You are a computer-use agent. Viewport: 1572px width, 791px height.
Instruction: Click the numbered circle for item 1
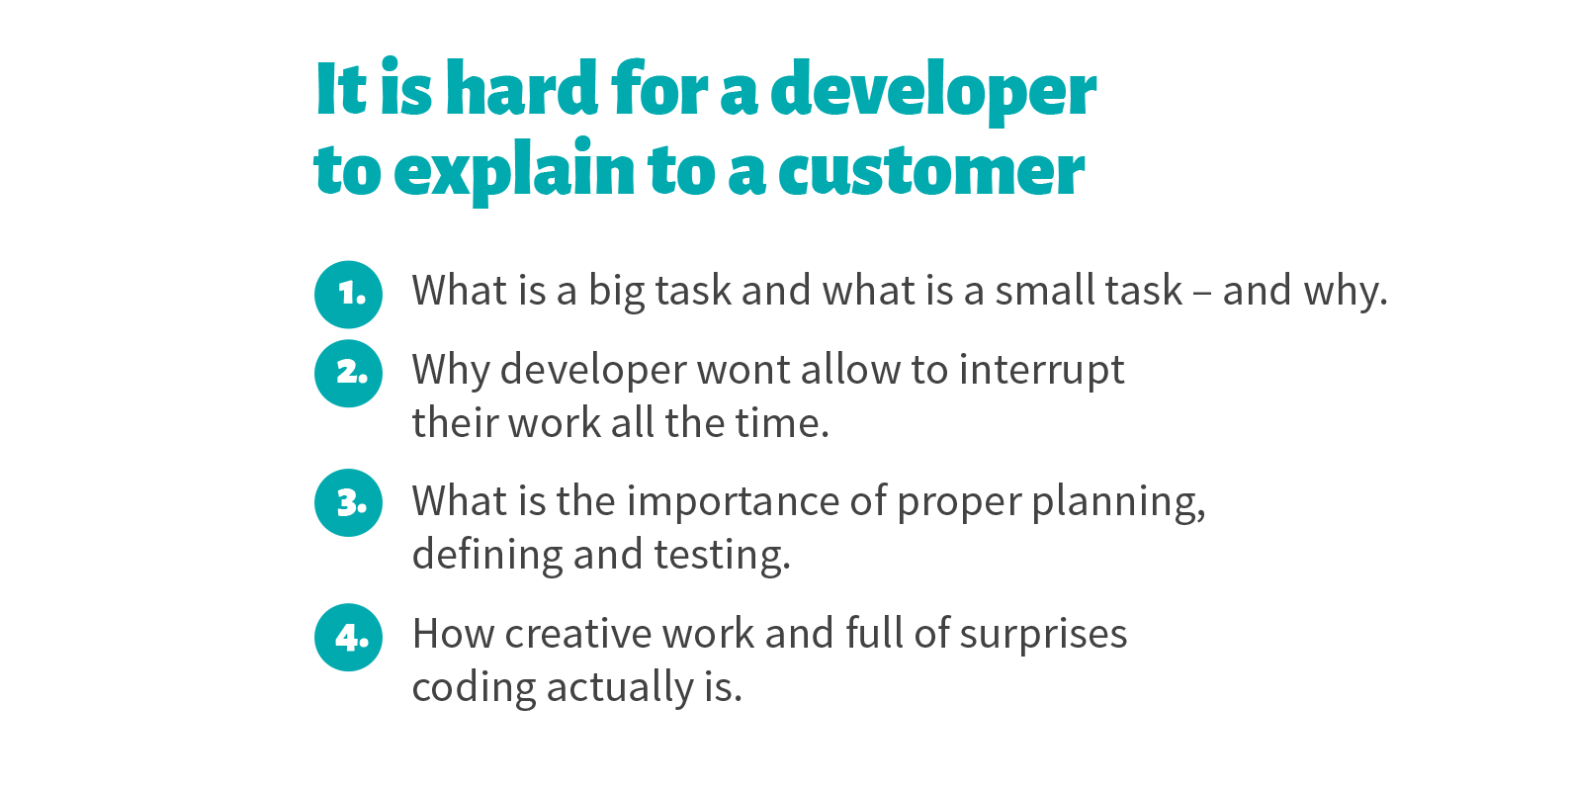click(348, 294)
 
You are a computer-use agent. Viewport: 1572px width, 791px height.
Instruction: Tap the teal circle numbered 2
click(348, 374)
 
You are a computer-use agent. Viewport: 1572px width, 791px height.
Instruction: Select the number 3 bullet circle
click(348, 502)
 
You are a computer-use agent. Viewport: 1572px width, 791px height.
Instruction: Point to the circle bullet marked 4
click(348, 638)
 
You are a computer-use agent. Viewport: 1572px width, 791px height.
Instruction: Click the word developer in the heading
click(933, 92)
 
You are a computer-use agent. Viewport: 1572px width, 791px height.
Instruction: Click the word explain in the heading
click(514, 170)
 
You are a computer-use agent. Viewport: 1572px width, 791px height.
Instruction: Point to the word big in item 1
click(616, 292)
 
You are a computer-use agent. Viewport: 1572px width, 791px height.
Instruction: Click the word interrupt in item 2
click(1042, 371)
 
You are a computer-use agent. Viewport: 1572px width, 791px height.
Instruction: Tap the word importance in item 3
click(733, 502)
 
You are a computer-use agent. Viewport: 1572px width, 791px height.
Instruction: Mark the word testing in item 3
click(722, 557)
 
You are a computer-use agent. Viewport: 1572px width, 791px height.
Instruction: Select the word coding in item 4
click(474, 688)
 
